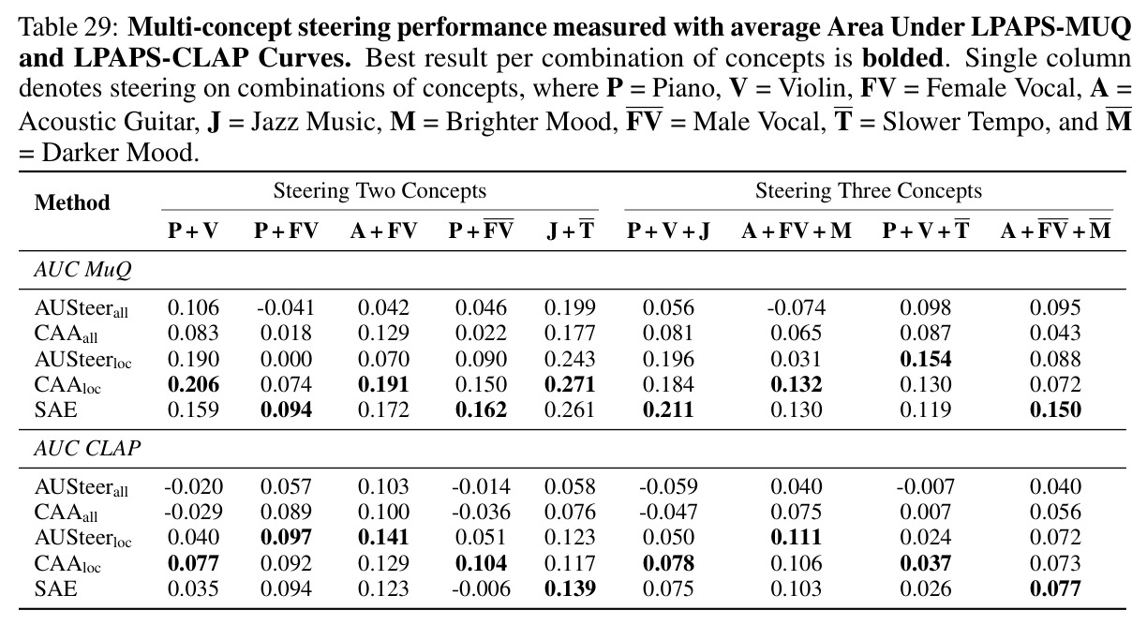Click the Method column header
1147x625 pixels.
pos(72,202)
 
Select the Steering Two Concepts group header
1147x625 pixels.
pos(380,190)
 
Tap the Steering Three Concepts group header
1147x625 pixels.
pos(869,190)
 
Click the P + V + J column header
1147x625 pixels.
pos(668,231)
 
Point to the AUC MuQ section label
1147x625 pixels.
pos(83,269)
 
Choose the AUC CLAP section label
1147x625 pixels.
pos(87,448)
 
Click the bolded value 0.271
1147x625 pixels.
pos(570,384)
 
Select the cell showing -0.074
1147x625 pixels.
pos(797,307)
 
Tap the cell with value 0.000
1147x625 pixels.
pos(286,358)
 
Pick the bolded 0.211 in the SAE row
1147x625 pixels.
pos(668,409)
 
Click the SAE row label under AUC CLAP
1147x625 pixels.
pos(56,588)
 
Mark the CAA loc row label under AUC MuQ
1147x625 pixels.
pos(67,385)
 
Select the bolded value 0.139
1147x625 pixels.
pos(570,588)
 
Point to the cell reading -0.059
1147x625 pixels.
pos(668,485)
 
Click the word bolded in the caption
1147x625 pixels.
pos(902,58)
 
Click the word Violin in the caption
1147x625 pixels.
pos(812,88)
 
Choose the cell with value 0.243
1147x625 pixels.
pos(570,358)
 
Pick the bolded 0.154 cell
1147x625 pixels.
pos(925,358)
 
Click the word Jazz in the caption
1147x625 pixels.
pos(273,122)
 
